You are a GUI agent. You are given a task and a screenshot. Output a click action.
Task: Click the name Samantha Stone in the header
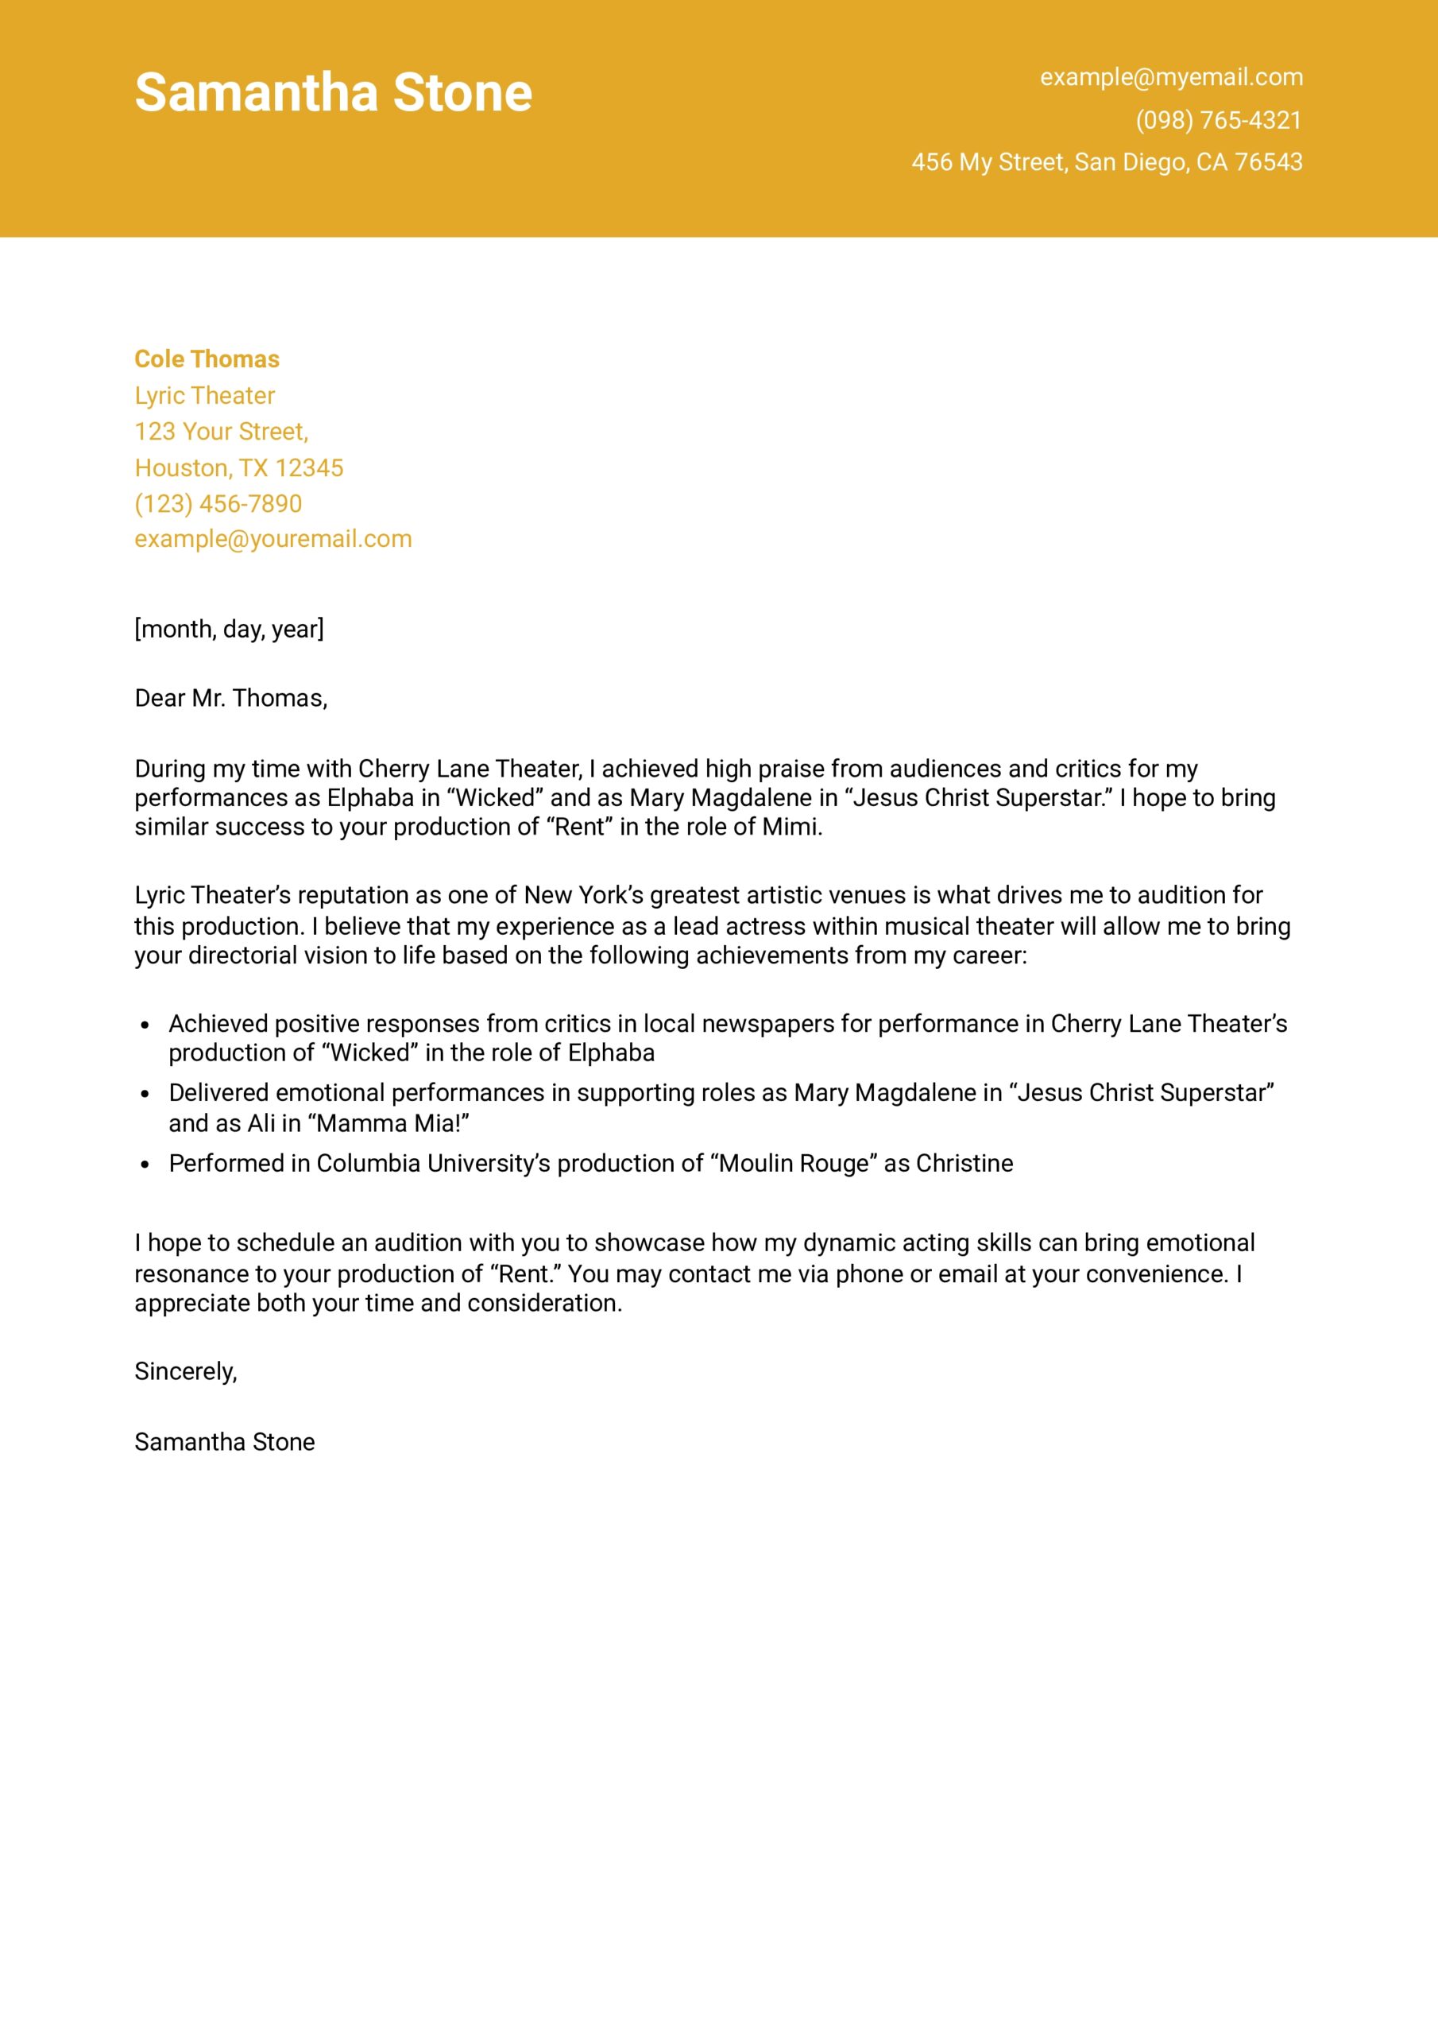point(333,93)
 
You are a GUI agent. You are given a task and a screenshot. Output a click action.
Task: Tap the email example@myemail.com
point(1170,77)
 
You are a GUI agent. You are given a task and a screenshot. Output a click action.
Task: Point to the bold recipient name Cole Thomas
point(207,359)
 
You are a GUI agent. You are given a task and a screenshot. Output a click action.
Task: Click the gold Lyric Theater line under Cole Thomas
point(205,395)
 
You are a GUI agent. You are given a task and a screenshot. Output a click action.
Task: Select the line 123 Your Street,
point(222,432)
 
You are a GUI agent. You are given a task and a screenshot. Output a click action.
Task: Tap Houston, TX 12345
point(238,468)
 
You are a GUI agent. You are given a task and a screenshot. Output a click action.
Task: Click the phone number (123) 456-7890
point(218,503)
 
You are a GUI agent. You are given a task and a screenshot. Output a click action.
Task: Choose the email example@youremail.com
point(273,539)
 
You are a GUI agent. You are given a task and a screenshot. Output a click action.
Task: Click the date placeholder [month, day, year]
point(229,630)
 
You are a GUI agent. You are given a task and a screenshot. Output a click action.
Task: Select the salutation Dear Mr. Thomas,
point(230,699)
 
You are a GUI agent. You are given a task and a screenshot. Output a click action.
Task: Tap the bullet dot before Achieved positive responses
point(145,1025)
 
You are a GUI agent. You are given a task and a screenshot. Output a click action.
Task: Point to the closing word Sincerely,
point(185,1372)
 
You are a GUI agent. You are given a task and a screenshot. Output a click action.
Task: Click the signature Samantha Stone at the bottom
point(224,1442)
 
